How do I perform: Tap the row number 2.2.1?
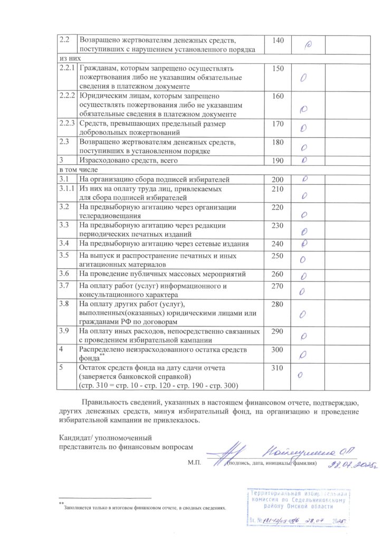pyautogui.click(x=66, y=69)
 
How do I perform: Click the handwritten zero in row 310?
pyautogui.click(x=300, y=376)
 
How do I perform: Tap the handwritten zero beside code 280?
pyautogui.click(x=303, y=314)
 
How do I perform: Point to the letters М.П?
pyautogui.click(x=195, y=463)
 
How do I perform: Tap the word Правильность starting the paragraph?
pyautogui.click(x=103, y=404)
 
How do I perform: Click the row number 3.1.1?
pyautogui.click(x=66, y=189)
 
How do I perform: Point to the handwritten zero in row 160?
pyautogui.click(x=303, y=110)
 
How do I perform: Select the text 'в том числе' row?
pyautogui.click(x=77, y=170)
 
